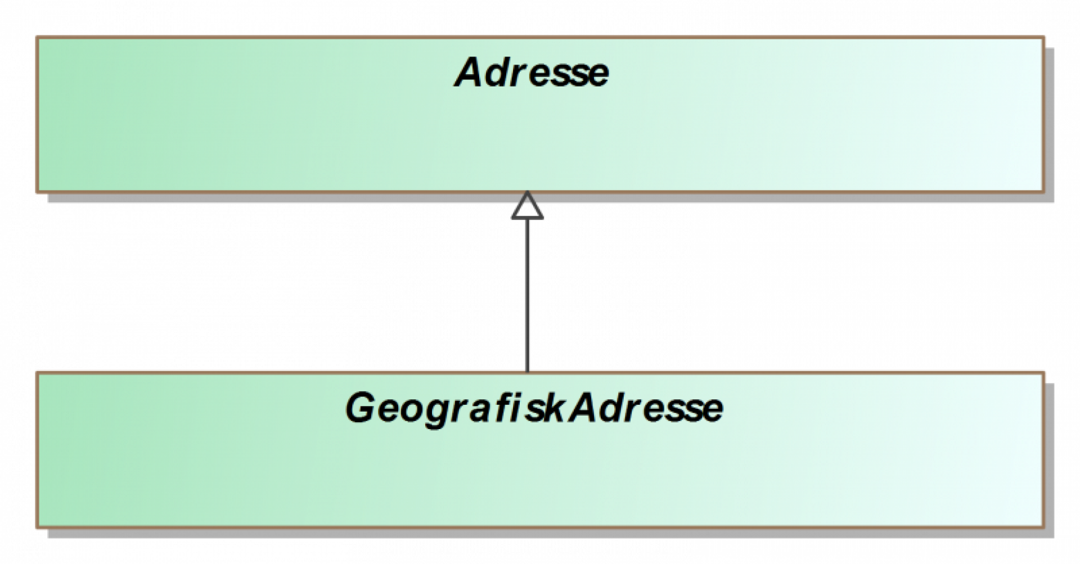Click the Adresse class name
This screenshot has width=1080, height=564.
point(532,74)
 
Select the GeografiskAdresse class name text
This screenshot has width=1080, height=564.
point(534,409)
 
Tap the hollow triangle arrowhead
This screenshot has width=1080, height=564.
point(527,207)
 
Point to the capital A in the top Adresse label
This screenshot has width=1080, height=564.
point(470,74)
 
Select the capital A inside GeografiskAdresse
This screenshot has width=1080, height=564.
point(585,409)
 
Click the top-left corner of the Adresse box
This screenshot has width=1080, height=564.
point(37,38)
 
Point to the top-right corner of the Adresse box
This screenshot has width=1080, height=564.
point(1043,38)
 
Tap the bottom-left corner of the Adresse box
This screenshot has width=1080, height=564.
point(37,192)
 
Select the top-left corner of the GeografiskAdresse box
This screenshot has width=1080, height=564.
point(37,373)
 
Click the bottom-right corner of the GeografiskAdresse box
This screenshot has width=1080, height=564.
point(1043,527)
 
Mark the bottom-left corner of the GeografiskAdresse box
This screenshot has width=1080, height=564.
point(37,527)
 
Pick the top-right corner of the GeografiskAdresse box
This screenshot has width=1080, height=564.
point(1043,373)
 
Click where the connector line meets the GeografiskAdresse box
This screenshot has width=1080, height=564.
point(527,372)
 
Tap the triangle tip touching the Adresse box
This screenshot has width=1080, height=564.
point(527,193)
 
